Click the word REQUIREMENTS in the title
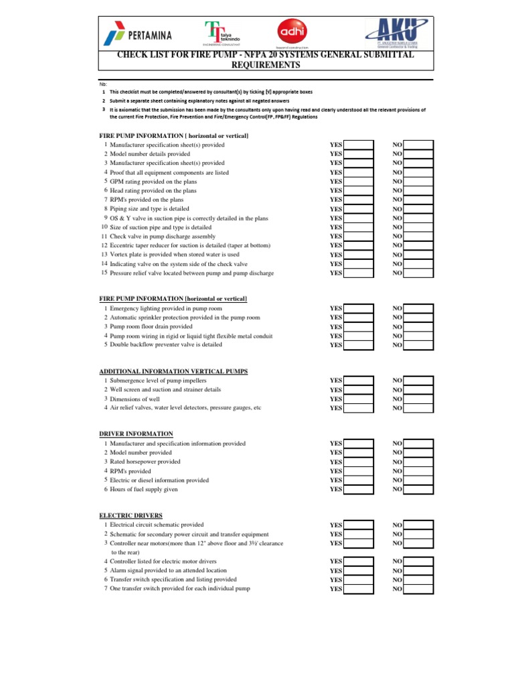(266, 66)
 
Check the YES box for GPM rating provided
(359, 182)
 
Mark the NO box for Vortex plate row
(418, 255)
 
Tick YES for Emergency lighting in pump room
(359, 309)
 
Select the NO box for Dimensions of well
(418, 399)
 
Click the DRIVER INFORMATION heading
(136, 434)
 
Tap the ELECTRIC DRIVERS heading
(131, 515)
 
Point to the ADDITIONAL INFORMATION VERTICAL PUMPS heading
(177, 371)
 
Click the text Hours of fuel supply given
(144, 490)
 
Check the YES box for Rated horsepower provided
(359, 462)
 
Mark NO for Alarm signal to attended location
(418, 571)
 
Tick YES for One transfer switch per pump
(359, 590)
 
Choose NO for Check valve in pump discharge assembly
(418, 236)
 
